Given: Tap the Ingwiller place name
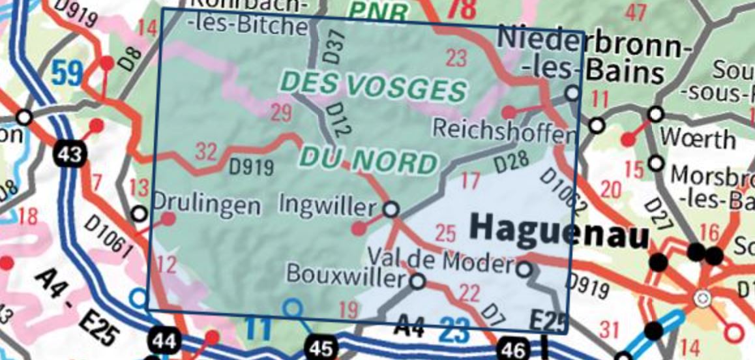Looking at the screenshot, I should [x=327, y=205].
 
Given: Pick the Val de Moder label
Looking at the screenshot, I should [x=441, y=261].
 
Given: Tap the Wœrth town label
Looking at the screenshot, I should [x=698, y=138].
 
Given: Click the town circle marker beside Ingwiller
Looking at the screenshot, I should [x=391, y=210].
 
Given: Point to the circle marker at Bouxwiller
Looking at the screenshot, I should [x=418, y=282].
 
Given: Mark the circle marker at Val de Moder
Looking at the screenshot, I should [x=524, y=267].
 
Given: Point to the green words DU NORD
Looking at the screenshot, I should [x=368, y=160].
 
